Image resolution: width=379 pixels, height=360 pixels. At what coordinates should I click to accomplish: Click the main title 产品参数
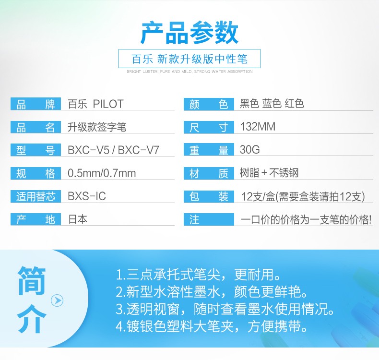[x=189, y=33]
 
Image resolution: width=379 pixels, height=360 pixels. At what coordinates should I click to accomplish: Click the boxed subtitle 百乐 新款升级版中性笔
[x=189, y=59]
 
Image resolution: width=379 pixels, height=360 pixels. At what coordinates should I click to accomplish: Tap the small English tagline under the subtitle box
[x=189, y=72]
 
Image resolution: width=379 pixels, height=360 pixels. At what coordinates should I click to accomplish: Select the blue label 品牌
[x=36, y=104]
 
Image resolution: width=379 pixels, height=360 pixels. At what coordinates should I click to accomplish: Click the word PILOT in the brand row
[x=108, y=104]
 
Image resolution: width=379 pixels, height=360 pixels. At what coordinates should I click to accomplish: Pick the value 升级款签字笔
[x=97, y=127]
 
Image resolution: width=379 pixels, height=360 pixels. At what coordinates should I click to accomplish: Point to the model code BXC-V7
[x=139, y=150]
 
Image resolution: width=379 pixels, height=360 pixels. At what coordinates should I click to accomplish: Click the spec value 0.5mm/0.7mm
[x=102, y=173]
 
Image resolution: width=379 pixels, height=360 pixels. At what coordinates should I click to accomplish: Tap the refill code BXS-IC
[x=87, y=196]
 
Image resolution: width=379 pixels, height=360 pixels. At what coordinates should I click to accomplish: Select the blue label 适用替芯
[x=36, y=196]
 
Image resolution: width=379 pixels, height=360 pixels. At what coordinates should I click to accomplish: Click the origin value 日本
[x=78, y=219]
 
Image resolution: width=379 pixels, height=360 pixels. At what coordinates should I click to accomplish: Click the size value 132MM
[x=258, y=127]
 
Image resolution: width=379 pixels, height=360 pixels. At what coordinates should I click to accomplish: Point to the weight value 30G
[x=249, y=149]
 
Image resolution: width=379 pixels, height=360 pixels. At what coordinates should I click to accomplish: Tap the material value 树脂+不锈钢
[x=269, y=173]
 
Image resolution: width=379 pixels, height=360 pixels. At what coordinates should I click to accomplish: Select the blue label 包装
[x=209, y=196]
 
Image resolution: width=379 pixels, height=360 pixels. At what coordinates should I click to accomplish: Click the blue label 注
[x=209, y=219]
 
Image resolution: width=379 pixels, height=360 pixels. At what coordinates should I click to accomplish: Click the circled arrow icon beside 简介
[x=57, y=300]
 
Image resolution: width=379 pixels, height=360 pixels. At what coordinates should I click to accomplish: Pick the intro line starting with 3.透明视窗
[x=225, y=309]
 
